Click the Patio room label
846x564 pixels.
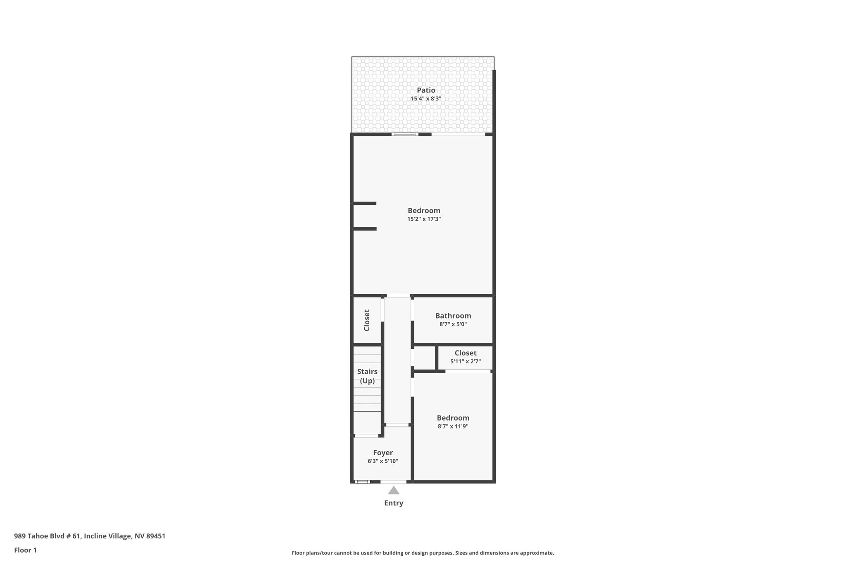pos(425,90)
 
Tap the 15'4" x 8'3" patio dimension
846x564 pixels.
pos(425,99)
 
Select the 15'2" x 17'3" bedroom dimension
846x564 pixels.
pos(424,219)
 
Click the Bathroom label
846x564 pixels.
pos(453,316)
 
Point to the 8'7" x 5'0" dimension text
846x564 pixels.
pos(453,324)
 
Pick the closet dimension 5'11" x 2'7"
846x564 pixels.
pos(465,362)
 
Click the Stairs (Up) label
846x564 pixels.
pos(367,376)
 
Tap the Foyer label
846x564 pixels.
pos(383,452)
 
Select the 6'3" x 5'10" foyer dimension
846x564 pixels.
pos(383,461)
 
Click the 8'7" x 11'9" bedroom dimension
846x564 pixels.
pos(453,426)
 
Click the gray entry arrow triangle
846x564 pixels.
pos(394,490)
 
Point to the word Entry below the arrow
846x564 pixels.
pos(394,503)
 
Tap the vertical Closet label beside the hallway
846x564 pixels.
pos(367,320)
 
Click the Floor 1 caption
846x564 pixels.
pos(25,550)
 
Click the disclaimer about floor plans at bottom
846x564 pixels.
pos(423,553)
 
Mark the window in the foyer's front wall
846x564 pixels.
pos(362,481)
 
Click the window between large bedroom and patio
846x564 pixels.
pos(405,134)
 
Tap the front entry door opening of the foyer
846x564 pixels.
pos(393,481)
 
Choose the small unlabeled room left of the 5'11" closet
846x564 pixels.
pos(424,358)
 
